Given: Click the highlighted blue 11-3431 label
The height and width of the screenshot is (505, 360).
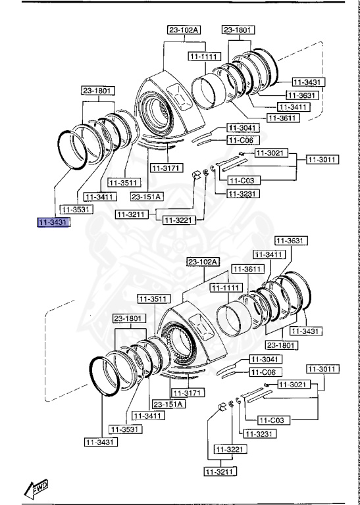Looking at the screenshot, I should [53, 223].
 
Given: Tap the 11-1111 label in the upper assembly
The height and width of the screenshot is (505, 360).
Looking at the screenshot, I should [204, 57].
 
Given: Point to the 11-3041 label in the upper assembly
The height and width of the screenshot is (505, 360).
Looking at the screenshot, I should [243, 128].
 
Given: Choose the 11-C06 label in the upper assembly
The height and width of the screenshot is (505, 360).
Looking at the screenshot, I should [243, 140].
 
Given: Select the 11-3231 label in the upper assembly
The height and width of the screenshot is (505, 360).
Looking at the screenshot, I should [243, 193].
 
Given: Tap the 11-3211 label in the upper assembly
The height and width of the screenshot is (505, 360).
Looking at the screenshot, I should [132, 214].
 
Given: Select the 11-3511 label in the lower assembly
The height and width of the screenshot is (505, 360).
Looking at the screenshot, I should [152, 299].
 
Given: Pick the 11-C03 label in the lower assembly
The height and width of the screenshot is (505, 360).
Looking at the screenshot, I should [272, 420].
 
